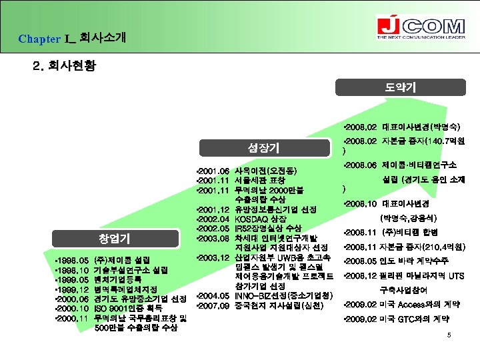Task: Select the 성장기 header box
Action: [263, 147]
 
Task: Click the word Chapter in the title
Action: [39, 39]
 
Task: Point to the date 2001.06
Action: [215, 171]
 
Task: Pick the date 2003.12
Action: [215, 257]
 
